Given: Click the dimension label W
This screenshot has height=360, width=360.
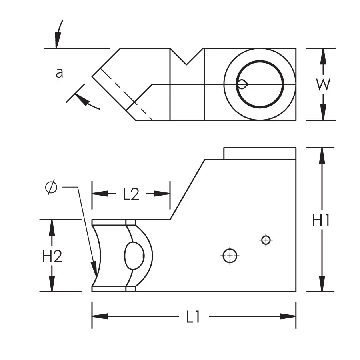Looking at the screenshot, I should coord(323,84).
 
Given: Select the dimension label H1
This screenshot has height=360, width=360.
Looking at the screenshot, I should coord(321,220).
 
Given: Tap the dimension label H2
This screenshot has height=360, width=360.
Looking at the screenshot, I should coord(52,256).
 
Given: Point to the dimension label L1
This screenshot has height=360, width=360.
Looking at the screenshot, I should coord(194,317).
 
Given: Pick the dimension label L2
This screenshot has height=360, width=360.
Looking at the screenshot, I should coord(131,194).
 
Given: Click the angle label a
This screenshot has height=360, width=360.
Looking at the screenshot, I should coord(59,73).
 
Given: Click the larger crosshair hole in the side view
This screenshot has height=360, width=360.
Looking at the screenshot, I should coord(230,256).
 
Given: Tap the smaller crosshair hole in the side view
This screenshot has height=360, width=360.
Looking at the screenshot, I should coord(266,240).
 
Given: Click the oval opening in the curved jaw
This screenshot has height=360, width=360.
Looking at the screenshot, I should coord(134,256).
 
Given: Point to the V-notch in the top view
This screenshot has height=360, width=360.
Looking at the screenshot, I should coord(187,56).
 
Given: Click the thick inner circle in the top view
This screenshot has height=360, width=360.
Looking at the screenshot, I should coord(260,84).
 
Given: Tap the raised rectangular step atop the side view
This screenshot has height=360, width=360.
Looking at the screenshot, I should coord(260,154).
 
